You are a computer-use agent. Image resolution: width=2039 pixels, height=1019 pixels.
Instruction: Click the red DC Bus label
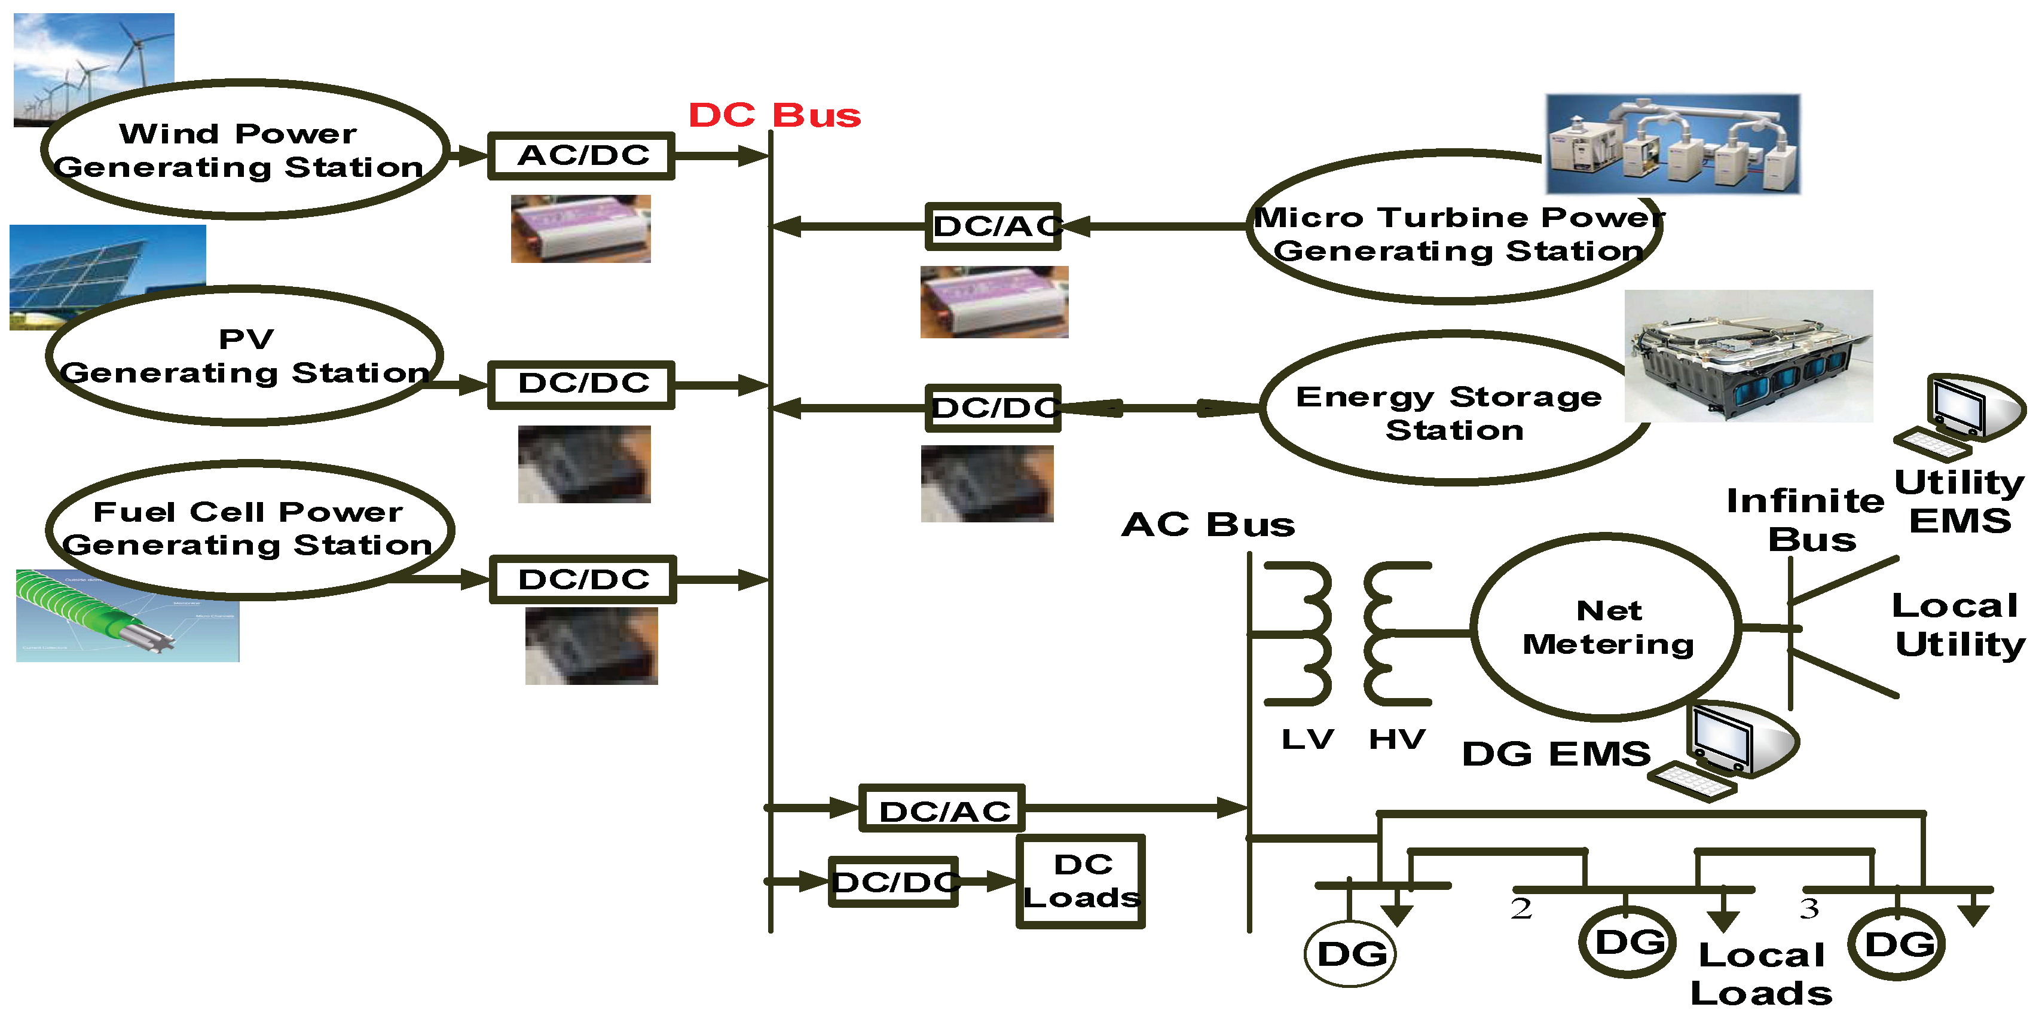(774, 115)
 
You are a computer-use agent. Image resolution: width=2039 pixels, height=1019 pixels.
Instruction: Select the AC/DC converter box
(581, 156)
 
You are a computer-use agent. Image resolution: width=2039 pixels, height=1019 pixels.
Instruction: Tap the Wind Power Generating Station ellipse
(241, 151)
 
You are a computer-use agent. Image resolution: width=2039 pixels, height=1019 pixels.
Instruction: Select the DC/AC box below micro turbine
(993, 227)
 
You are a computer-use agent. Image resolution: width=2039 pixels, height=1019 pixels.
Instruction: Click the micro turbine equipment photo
(1673, 144)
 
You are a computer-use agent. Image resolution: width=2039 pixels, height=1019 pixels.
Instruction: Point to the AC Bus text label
(1208, 525)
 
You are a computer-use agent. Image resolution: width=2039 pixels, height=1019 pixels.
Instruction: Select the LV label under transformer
(1307, 740)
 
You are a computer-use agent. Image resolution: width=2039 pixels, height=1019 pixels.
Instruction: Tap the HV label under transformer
(1397, 740)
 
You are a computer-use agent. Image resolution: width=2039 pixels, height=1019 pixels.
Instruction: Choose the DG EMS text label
(1555, 754)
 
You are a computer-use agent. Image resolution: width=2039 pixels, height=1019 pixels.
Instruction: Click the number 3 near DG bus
(1809, 909)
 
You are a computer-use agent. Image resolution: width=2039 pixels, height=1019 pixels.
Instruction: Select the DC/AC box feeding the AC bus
(942, 809)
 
